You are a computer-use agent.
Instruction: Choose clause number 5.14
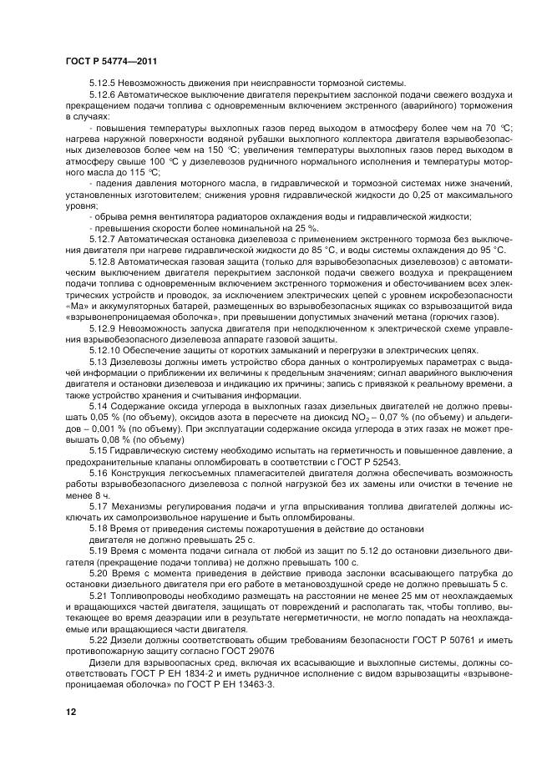click(x=99, y=404)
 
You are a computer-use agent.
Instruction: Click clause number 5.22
click(x=99, y=637)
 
